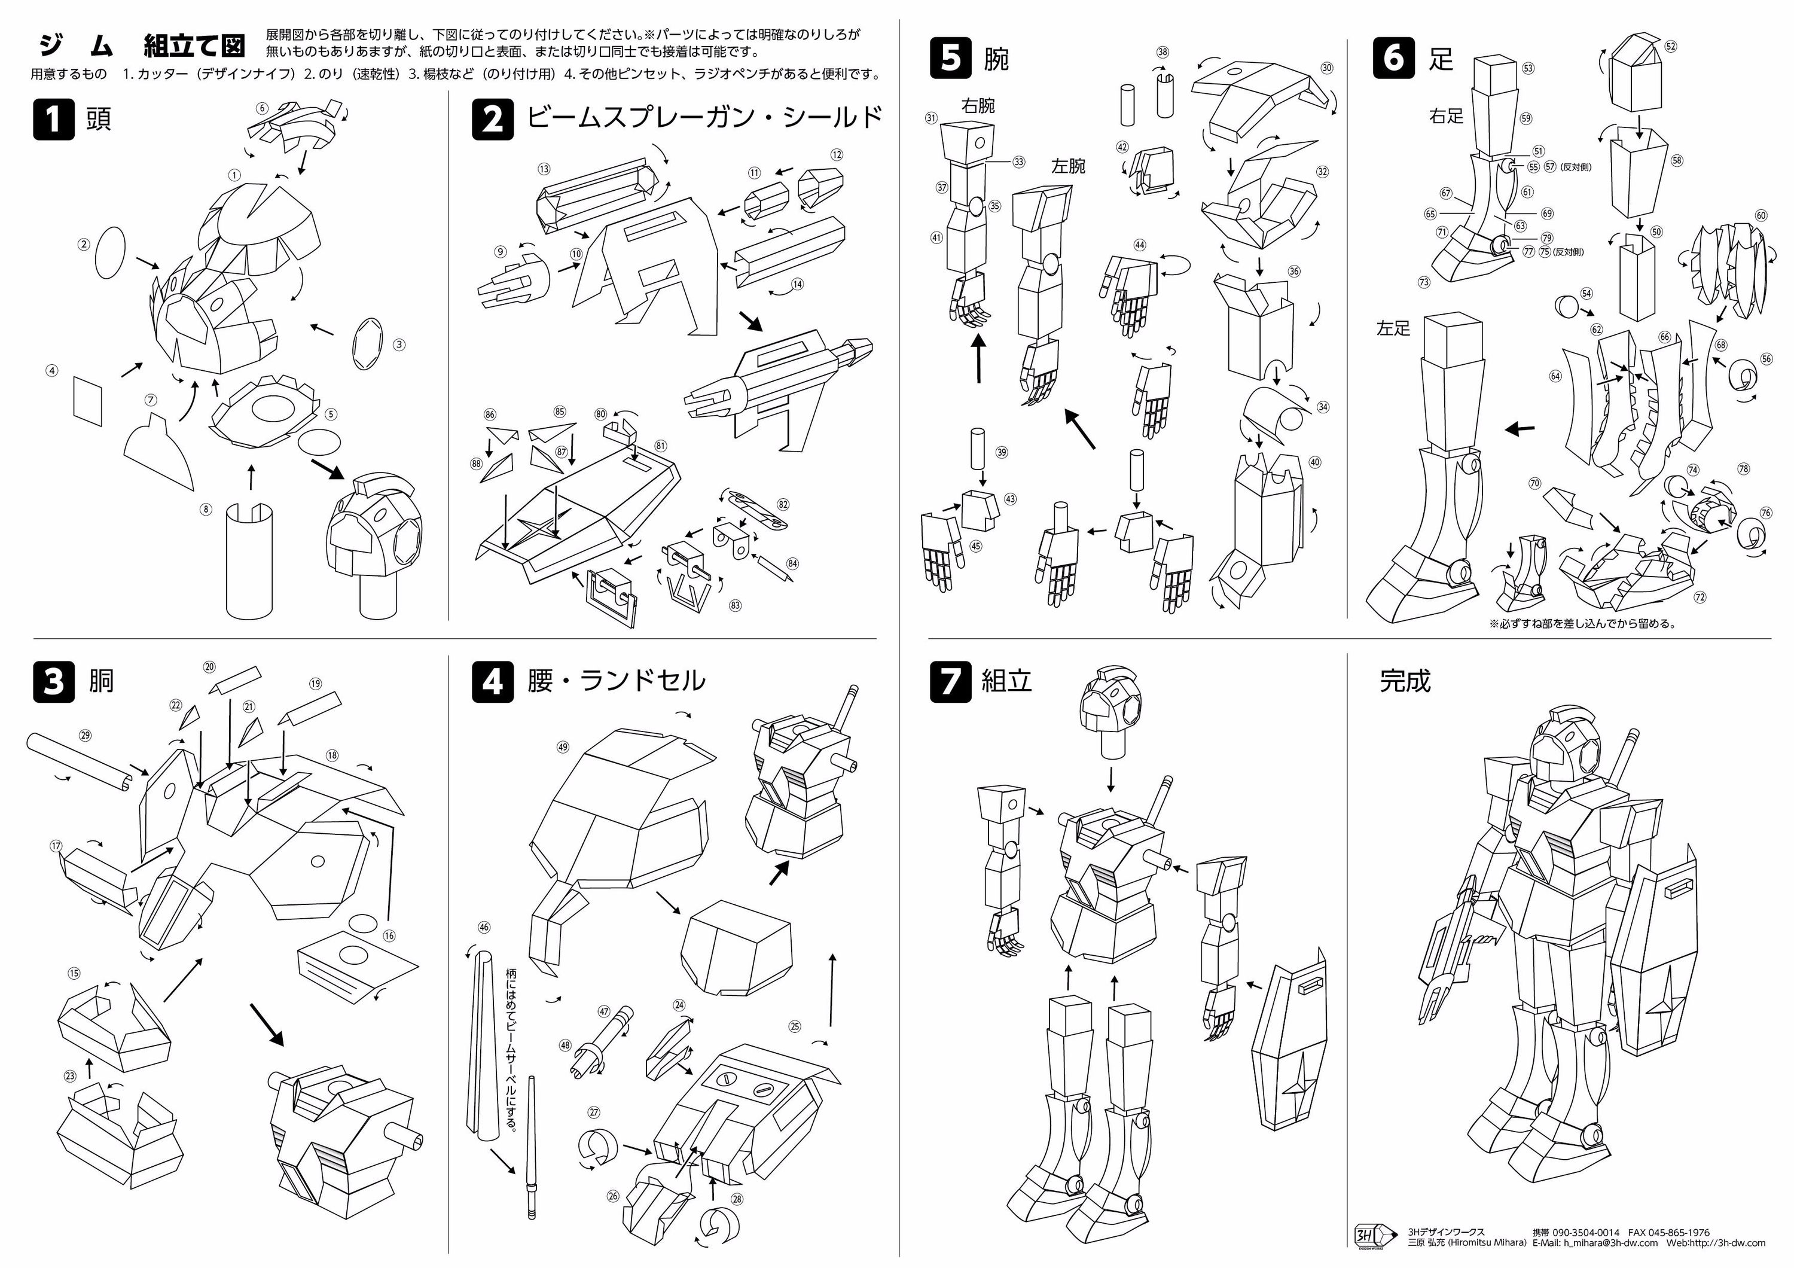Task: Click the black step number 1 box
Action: [53, 120]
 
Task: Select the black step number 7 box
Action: [950, 681]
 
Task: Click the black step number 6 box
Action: [1393, 58]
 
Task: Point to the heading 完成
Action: [1404, 681]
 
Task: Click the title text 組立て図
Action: [194, 46]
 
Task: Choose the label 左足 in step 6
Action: [1394, 329]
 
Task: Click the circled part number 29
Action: [85, 734]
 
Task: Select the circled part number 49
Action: [563, 747]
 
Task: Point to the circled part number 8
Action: [206, 510]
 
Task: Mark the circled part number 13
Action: [544, 169]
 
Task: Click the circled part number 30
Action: [1326, 68]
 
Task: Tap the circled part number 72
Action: [1700, 598]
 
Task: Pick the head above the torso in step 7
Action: [1110, 707]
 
